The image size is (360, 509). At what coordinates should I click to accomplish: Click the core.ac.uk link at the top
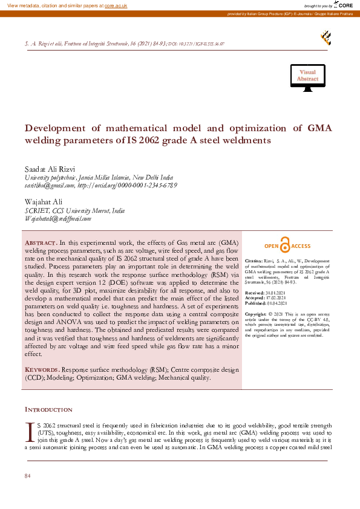pyautogui.click(x=117, y=5)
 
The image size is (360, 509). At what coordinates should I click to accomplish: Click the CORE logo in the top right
pyautogui.click(x=343, y=5)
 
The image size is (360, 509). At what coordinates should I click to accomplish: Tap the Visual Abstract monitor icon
pyautogui.click(x=307, y=77)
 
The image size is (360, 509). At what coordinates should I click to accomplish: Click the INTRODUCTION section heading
pyautogui.click(x=48, y=410)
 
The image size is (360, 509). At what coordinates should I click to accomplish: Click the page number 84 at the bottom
pyautogui.click(x=27, y=476)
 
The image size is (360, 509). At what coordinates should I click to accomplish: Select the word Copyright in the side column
pyautogui.click(x=256, y=315)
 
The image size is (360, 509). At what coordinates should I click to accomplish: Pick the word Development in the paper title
pyautogui.click(x=56, y=128)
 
